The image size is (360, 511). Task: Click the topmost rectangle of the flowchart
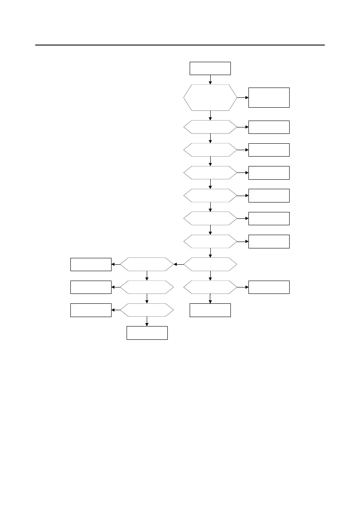[x=210, y=69]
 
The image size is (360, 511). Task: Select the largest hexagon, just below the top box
[x=210, y=97]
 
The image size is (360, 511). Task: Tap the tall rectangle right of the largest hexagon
[x=269, y=97]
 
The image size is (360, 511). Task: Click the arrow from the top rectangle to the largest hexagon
[x=210, y=80]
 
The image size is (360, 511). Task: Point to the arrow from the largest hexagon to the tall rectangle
[x=242, y=97]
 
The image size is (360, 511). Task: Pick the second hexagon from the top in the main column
[x=210, y=127]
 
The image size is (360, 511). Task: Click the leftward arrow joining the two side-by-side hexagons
[x=179, y=264]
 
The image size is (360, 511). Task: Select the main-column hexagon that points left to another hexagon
[x=210, y=264]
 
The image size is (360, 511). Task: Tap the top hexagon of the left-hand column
[x=147, y=264]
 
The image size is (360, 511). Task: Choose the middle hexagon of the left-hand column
[x=147, y=287]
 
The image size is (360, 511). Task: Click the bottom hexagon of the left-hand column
[x=147, y=310]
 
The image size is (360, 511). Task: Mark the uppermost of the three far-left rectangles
[x=91, y=264]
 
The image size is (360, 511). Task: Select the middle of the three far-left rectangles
[x=91, y=287]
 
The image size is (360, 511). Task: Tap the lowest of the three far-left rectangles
[x=91, y=310]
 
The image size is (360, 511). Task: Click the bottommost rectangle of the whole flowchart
[x=147, y=333]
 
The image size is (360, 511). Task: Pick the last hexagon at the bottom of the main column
[x=210, y=287]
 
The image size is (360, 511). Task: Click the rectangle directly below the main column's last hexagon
[x=210, y=310]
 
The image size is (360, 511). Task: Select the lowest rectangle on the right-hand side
[x=269, y=287]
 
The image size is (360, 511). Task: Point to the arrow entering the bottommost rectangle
[x=147, y=321]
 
